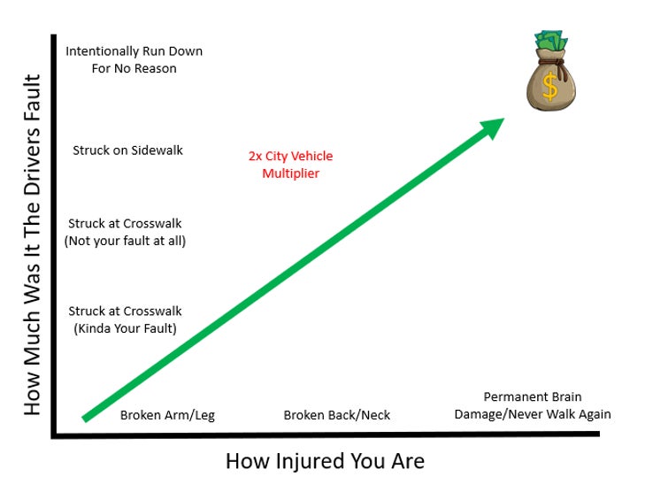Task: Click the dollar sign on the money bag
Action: click(550, 88)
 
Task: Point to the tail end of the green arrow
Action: click(87, 416)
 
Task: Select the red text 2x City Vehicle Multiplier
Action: click(290, 165)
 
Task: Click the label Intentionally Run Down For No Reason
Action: click(134, 59)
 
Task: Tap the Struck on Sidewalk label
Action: click(127, 150)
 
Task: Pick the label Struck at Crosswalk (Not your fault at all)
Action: click(125, 232)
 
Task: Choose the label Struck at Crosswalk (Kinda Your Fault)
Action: click(125, 319)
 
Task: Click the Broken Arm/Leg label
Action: click(167, 414)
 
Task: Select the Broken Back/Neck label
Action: click(336, 414)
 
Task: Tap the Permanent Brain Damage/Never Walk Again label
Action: click(532, 405)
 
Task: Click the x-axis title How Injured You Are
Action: click(325, 461)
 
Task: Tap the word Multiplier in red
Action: click(290, 173)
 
